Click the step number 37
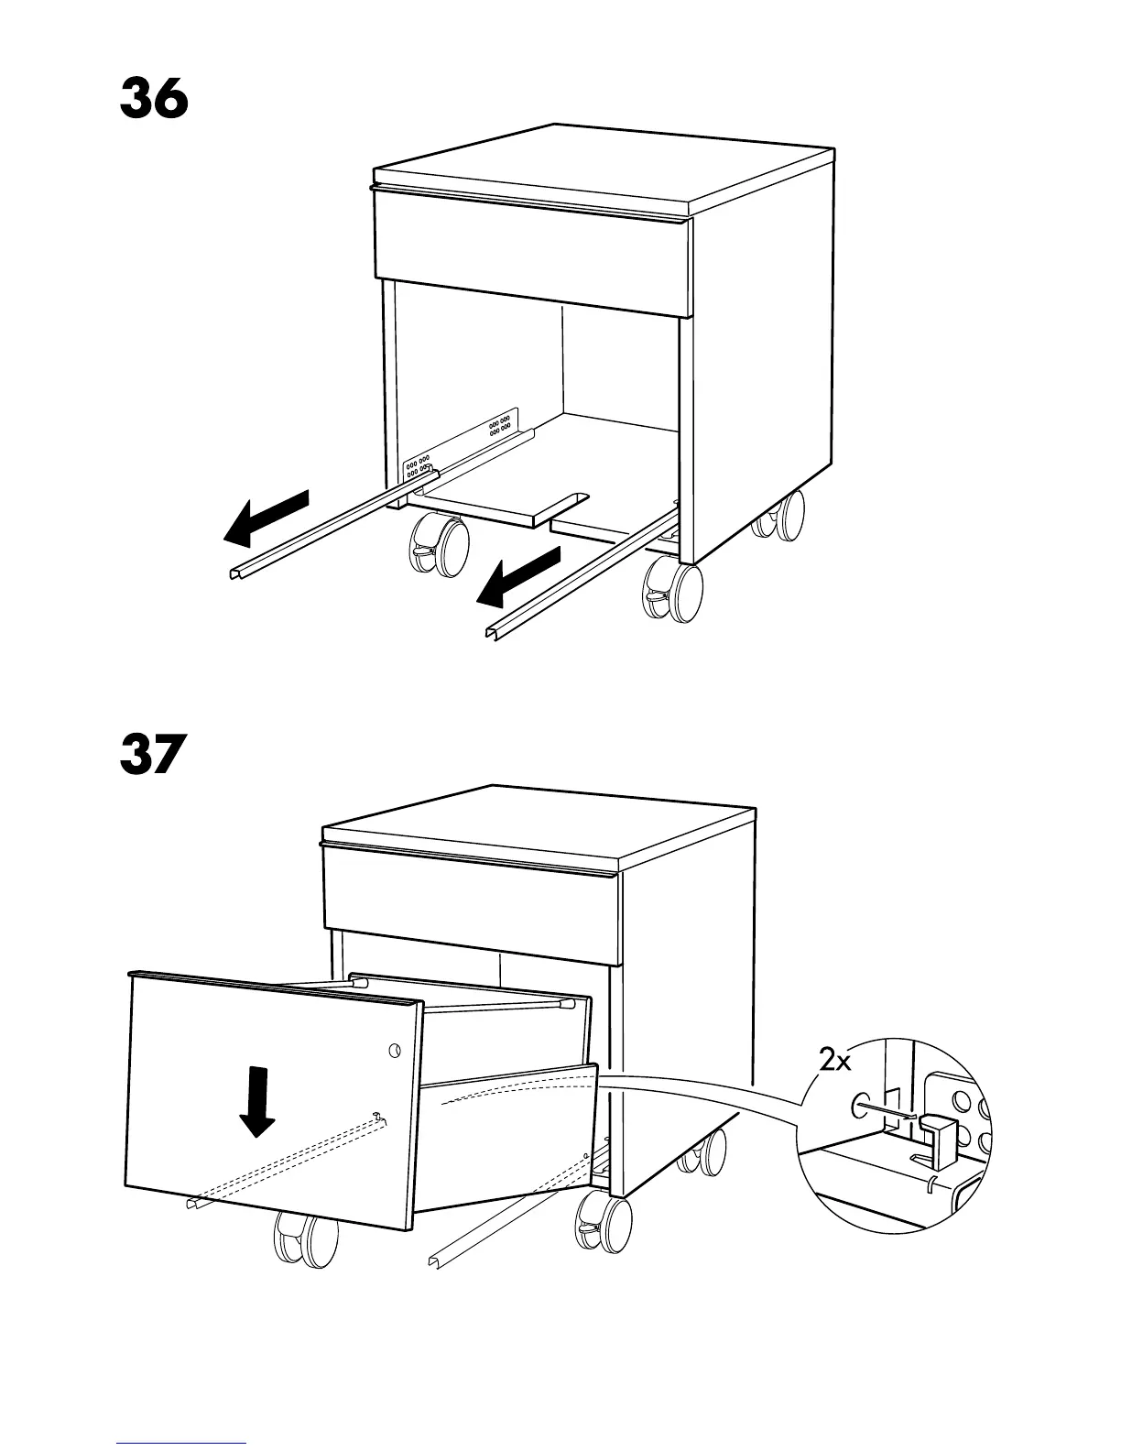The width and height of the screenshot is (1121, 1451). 152,755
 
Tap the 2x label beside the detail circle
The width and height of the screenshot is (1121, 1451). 835,1061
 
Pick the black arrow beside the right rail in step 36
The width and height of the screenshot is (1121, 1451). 518,577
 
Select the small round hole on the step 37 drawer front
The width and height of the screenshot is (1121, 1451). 395,1050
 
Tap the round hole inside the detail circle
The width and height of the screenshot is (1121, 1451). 861,1105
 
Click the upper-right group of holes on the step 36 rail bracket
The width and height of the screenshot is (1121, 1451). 499,425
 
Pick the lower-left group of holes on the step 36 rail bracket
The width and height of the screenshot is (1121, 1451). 419,468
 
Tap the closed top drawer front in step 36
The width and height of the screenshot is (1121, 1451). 531,252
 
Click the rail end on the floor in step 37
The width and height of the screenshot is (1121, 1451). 435,1261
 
